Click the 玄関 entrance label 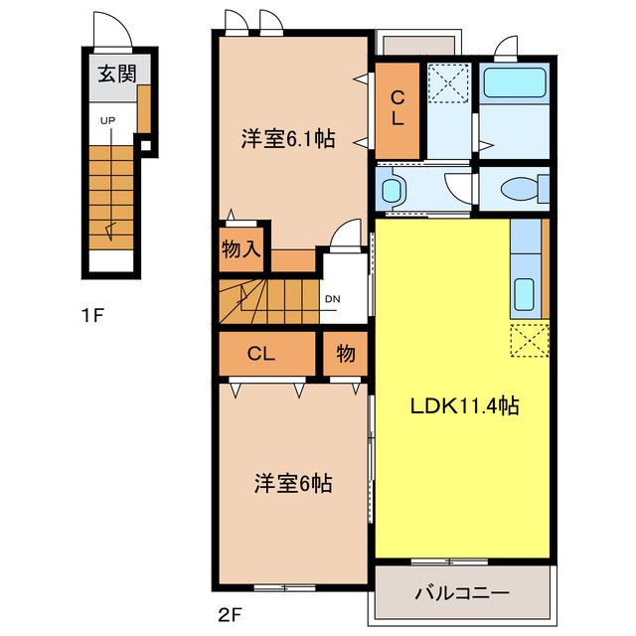click(x=117, y=74)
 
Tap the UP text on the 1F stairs click(x=108, y=120)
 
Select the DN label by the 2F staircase click(x=333, y=299)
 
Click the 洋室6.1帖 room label click(x=288, y=139)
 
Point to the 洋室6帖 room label click(x=293, y=483)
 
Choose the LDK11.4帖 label click(x=465, y=405)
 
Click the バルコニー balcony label click(x=462, y=593)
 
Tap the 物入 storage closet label click(x=240, y=248)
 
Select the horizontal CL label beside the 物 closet click(x=261, y=354)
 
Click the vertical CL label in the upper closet click(x=397, y=108)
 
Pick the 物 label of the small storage click(x=346, y=354)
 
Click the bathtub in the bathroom click(x=515, y=82)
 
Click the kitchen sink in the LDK click(x=525, y=294)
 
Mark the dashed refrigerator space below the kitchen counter click(x=530, y=340)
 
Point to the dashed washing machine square click(x=448, y=82)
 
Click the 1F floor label click(x=92, y=315)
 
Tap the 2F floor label click(x=230, y=615)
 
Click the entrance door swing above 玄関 click(x=112, y=30)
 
